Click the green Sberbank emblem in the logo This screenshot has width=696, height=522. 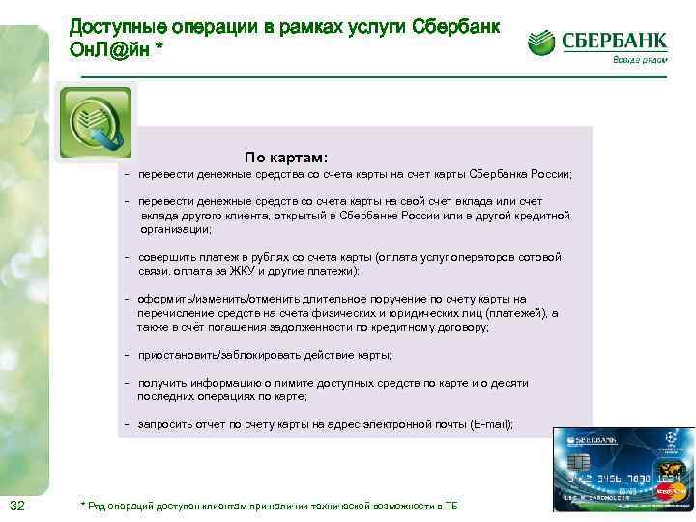point(542,43)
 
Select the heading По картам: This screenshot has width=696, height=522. point(286,157)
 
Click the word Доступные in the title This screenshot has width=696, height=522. point(115,27)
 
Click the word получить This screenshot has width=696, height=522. point(160,383)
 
